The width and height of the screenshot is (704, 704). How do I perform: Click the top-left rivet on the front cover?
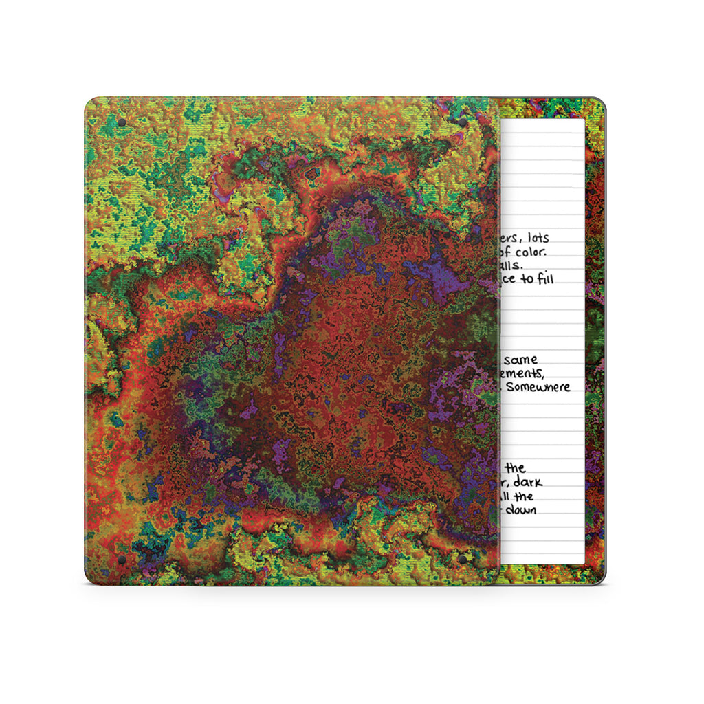point(122,123)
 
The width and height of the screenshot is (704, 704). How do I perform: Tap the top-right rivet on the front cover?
point(462,123)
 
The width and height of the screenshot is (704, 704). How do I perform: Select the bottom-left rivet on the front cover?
point(122,560)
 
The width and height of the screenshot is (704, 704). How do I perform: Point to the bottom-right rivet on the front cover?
point(462,560)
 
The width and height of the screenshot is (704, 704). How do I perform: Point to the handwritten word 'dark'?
point(527,483)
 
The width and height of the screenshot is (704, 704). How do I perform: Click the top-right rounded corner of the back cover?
point(600,102)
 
